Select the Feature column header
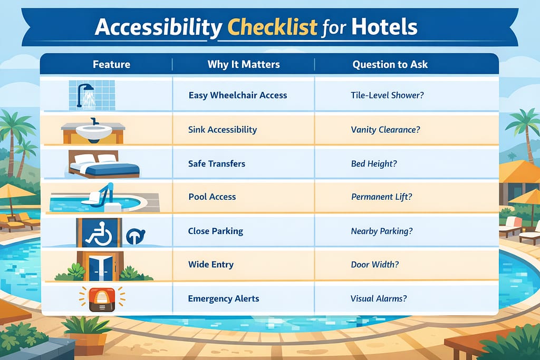[111, 65]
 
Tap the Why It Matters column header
[243, 65]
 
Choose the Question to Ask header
[390, 65]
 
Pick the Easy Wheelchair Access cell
[237, 95]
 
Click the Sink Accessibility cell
[223, 129]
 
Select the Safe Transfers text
[217, 163]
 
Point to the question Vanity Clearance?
[385, 129]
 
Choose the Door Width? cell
[374, 264]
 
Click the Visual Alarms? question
[379, 298]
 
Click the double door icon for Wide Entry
[100, 265]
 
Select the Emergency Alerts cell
[224, 298]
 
